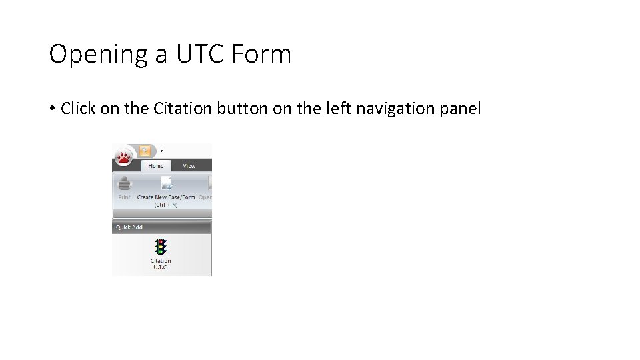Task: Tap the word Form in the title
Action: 263,55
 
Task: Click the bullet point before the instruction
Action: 53,109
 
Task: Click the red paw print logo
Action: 123,157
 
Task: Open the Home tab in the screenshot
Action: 155,166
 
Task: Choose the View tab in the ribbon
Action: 189,166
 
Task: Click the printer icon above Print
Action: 125,183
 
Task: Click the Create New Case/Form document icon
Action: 166,183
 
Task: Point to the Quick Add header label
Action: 129,227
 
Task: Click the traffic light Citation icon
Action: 160,247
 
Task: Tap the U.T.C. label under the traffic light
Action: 160,268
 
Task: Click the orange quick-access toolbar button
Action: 145,151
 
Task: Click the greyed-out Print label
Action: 125,197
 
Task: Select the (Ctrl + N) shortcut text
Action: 166,205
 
